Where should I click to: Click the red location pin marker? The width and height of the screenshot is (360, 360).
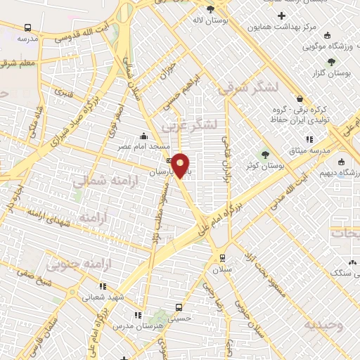click(181, 165)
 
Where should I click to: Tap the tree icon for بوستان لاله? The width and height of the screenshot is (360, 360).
click(210, 9)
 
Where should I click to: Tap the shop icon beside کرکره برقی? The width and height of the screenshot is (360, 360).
click(300, 99)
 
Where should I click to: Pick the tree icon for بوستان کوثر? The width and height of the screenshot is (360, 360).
click(265, 155)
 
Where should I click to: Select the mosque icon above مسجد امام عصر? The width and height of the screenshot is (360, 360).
click(144, 135)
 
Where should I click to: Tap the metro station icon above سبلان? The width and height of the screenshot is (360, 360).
click(222, 257)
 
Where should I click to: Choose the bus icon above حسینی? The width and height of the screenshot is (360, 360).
click(178, 307)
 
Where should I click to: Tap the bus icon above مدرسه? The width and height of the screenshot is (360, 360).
click(27, 27)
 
